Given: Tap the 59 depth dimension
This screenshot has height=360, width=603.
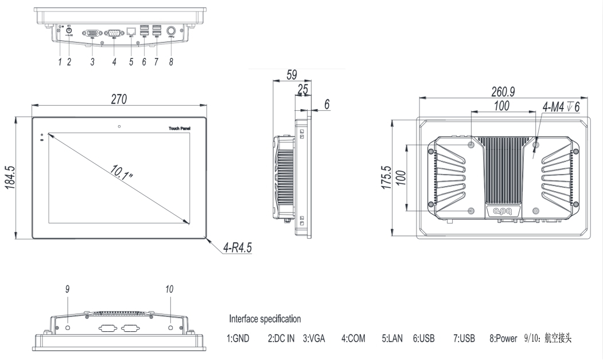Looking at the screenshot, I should click(292, 75).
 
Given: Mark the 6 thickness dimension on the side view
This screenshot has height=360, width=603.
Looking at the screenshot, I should click(327, 104).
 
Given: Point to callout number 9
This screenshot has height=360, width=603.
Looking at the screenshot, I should click(67, 291).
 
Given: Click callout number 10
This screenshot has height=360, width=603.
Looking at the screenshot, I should click(169, 291).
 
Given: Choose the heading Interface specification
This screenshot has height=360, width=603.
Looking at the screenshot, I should click(264, 319).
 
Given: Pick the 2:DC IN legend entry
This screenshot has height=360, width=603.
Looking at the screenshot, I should click(281, 339).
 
